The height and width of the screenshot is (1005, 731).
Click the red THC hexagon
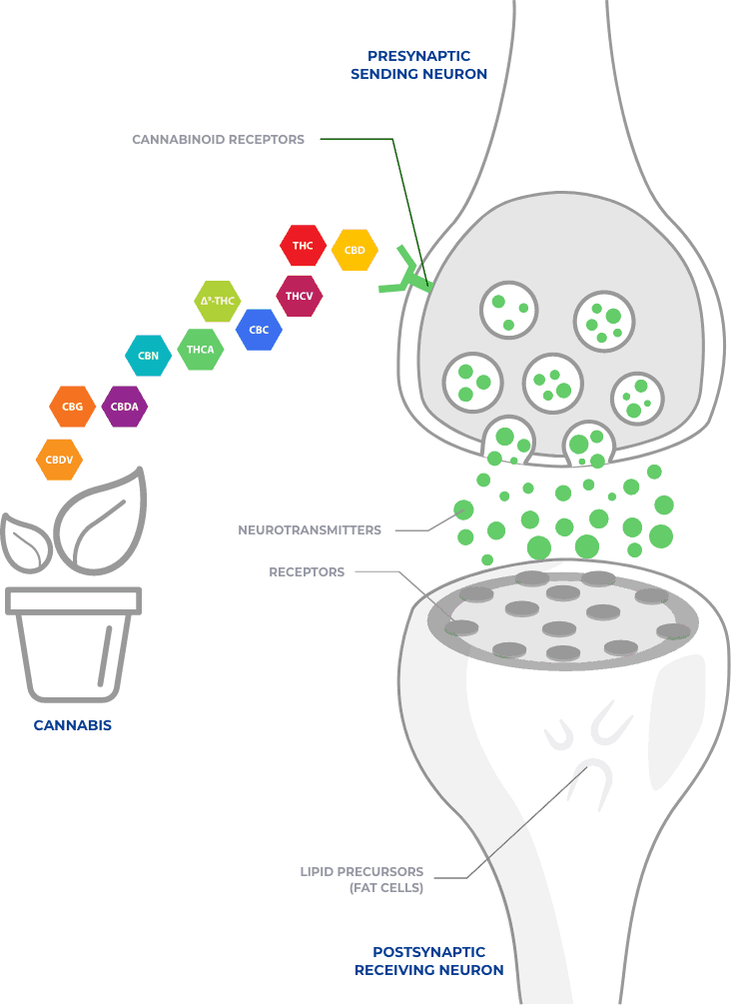click(303, 246)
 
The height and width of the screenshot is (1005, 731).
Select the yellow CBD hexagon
click(355, 250)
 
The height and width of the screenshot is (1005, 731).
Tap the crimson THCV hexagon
click(299, 296)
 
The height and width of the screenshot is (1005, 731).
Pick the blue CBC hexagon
click(259, 330)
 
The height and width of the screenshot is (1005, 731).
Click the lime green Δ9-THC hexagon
click(218, 301)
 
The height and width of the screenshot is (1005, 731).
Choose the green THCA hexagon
click(201, 350)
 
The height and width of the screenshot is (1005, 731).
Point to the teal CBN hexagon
click(149, 356)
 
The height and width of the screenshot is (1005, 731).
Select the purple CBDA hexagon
click(125, 407)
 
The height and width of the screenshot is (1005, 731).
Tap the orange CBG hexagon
click(73, 407)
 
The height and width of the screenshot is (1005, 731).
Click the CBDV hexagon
click(59, 461)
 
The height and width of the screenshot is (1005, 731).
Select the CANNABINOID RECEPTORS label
click(218, 140)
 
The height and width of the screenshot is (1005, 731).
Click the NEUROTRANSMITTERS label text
click(310, 529)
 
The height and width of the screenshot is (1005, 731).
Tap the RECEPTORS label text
click(307, 572)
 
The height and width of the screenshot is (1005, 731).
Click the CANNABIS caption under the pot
click(73, 725)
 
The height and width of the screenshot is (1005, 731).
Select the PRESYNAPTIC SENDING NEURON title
click(419, 65)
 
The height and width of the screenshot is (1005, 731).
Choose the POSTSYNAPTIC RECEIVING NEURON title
click(429, 961)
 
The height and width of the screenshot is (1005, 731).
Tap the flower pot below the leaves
click(73, 649)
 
